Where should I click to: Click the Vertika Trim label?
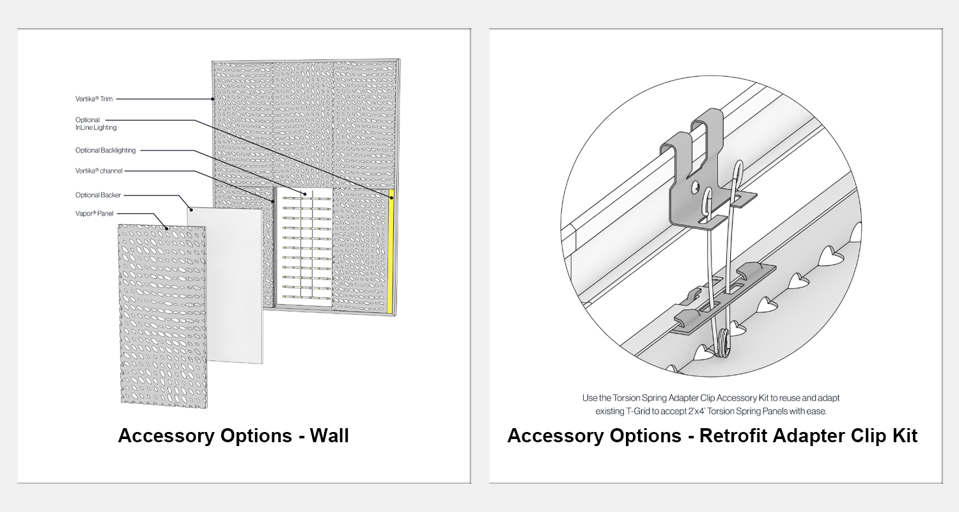pos(94,99)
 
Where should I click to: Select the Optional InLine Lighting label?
pos(96,124)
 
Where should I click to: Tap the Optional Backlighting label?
pos(105,150)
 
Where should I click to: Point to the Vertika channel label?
pos(99,171)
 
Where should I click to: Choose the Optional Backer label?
pos(98,195)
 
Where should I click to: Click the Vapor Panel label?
pos(94,213)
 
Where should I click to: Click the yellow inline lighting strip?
pos(391,252)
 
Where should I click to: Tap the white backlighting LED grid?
pos(304,247)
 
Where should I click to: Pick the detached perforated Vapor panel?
pos(162,316)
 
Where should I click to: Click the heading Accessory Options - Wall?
pos(233,436)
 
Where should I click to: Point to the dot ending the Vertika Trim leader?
pos(213,99)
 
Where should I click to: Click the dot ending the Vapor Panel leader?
pos(167,228)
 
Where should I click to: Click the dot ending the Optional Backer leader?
pos(191,210)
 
